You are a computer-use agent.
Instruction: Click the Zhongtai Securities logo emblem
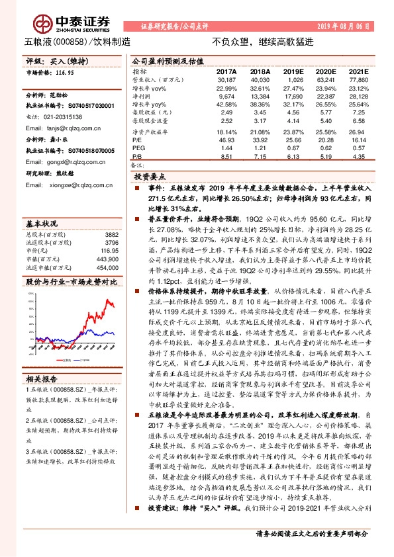point(45,24)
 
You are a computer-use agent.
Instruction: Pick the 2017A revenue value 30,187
point(226,78)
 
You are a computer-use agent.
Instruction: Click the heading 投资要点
point(148,178)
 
